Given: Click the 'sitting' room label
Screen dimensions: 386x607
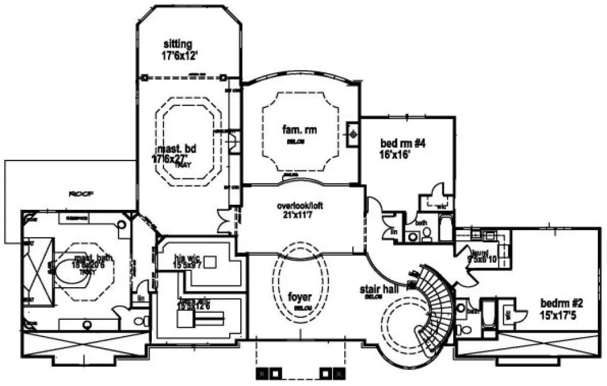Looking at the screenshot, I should [177, 44].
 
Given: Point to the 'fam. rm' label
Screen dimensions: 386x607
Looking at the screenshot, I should [299, 129].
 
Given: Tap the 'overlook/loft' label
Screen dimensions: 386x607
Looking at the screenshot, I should [300, 206].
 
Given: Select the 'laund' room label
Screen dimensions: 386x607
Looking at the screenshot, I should [480, 253].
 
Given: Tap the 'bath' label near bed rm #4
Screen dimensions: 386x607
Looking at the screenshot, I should [420, 223].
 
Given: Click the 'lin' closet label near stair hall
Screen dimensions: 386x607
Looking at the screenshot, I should [395, 232].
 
